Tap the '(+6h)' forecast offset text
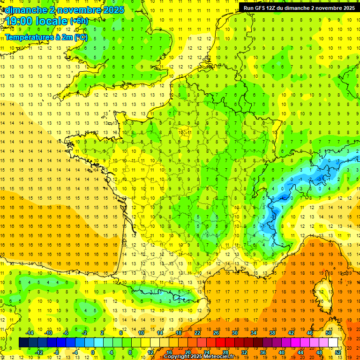79,21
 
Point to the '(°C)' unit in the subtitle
80,37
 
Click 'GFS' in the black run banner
263,8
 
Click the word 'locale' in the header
52,21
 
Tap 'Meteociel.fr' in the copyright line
222,357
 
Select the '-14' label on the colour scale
30,333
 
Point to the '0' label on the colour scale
93,352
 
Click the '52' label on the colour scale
338,352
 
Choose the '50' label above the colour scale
329,333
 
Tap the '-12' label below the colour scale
39,352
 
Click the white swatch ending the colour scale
333,343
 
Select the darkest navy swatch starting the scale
23,343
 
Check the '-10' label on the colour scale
48,333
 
